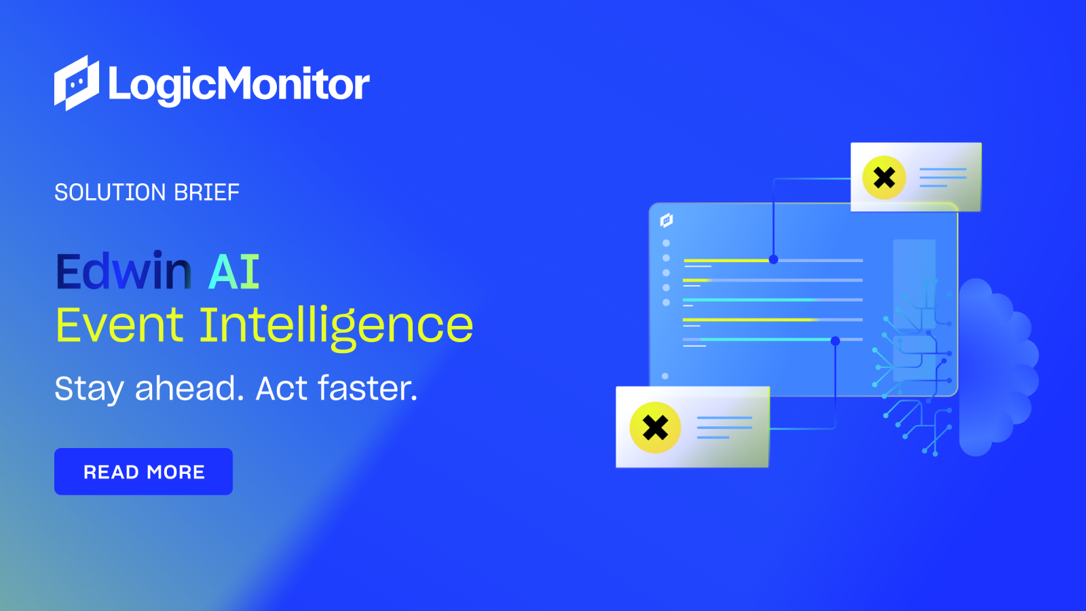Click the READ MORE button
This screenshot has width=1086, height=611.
pos(143,471)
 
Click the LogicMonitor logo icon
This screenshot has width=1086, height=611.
pos(76,83)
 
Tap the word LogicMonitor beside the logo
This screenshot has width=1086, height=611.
pos(239,85)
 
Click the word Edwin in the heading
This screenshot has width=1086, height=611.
pos(124,272)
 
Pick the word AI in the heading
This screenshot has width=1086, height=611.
pos(234,272)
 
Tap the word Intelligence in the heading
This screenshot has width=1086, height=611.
pos(336,326)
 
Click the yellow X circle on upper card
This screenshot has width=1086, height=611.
pos(884,178)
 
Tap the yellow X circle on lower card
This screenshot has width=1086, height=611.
pos(655,428)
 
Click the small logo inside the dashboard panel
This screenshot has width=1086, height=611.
pos(667,220)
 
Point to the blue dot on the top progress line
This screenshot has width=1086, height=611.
pos(773,260)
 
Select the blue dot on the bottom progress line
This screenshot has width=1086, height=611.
pos(835,341)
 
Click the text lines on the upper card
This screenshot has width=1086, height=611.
pos(943,177)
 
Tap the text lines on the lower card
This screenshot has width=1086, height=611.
pos(724,427)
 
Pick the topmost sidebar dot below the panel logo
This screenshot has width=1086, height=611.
pos(666,243)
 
